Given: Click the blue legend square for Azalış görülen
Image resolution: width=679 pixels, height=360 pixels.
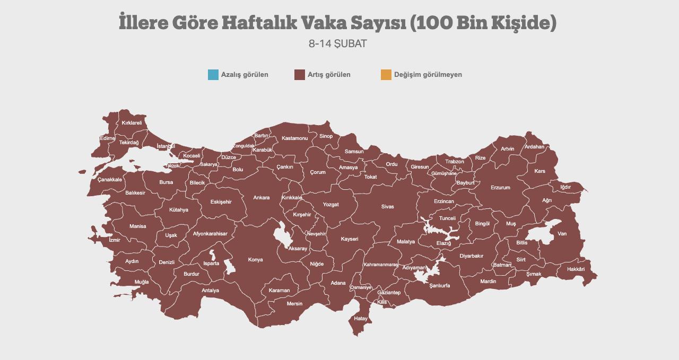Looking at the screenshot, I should (213, 75).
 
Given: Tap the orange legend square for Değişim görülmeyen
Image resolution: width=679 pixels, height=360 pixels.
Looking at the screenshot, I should (386, 75).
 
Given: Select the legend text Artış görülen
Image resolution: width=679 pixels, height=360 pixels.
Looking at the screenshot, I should (329, 75).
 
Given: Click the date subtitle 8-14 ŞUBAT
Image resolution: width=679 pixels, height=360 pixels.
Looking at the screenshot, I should (337, 43).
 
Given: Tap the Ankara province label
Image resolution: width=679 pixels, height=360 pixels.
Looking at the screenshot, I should (261, 198).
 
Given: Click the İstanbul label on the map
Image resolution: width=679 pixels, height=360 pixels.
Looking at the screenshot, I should (166, 146).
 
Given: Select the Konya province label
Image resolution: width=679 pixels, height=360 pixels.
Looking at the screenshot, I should (255, 260).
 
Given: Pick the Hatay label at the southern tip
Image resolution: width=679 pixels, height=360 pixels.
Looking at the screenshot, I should (361, 319).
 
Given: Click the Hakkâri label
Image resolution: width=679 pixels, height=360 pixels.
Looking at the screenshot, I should (576, 269).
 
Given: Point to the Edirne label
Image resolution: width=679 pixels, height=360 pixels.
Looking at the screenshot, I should (107, 138).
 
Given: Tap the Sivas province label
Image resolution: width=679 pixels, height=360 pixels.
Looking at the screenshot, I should (387, 207).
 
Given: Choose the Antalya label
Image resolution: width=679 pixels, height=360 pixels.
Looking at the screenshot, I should (210, 291).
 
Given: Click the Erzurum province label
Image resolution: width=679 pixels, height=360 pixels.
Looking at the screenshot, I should (500, 188).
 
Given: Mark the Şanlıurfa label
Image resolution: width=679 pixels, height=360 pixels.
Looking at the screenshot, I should (440, 285).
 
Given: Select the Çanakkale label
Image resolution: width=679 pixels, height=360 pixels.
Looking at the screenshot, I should (110, 180).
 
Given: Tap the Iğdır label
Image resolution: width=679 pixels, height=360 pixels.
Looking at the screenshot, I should (565, 187).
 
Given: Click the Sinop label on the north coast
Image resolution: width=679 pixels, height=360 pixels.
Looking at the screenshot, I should (326, 136).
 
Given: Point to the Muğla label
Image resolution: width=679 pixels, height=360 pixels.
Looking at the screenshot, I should (142, 282).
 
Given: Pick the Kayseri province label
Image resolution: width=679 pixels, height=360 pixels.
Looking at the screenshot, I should (350, 239).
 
